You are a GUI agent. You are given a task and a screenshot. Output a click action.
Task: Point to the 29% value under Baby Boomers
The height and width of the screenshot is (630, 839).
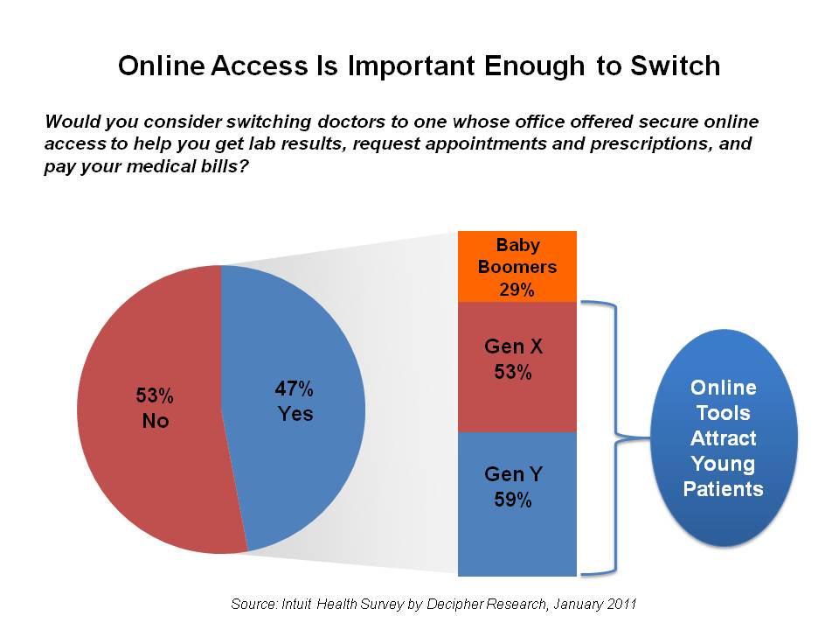tap(517, 290)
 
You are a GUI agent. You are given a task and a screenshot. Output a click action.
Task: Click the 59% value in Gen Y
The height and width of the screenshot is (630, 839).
tap(514, 501)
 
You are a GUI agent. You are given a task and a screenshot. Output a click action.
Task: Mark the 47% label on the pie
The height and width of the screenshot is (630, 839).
tap(295, 388)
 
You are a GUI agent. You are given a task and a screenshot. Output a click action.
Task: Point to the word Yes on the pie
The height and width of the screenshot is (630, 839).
tap(295, 414)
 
